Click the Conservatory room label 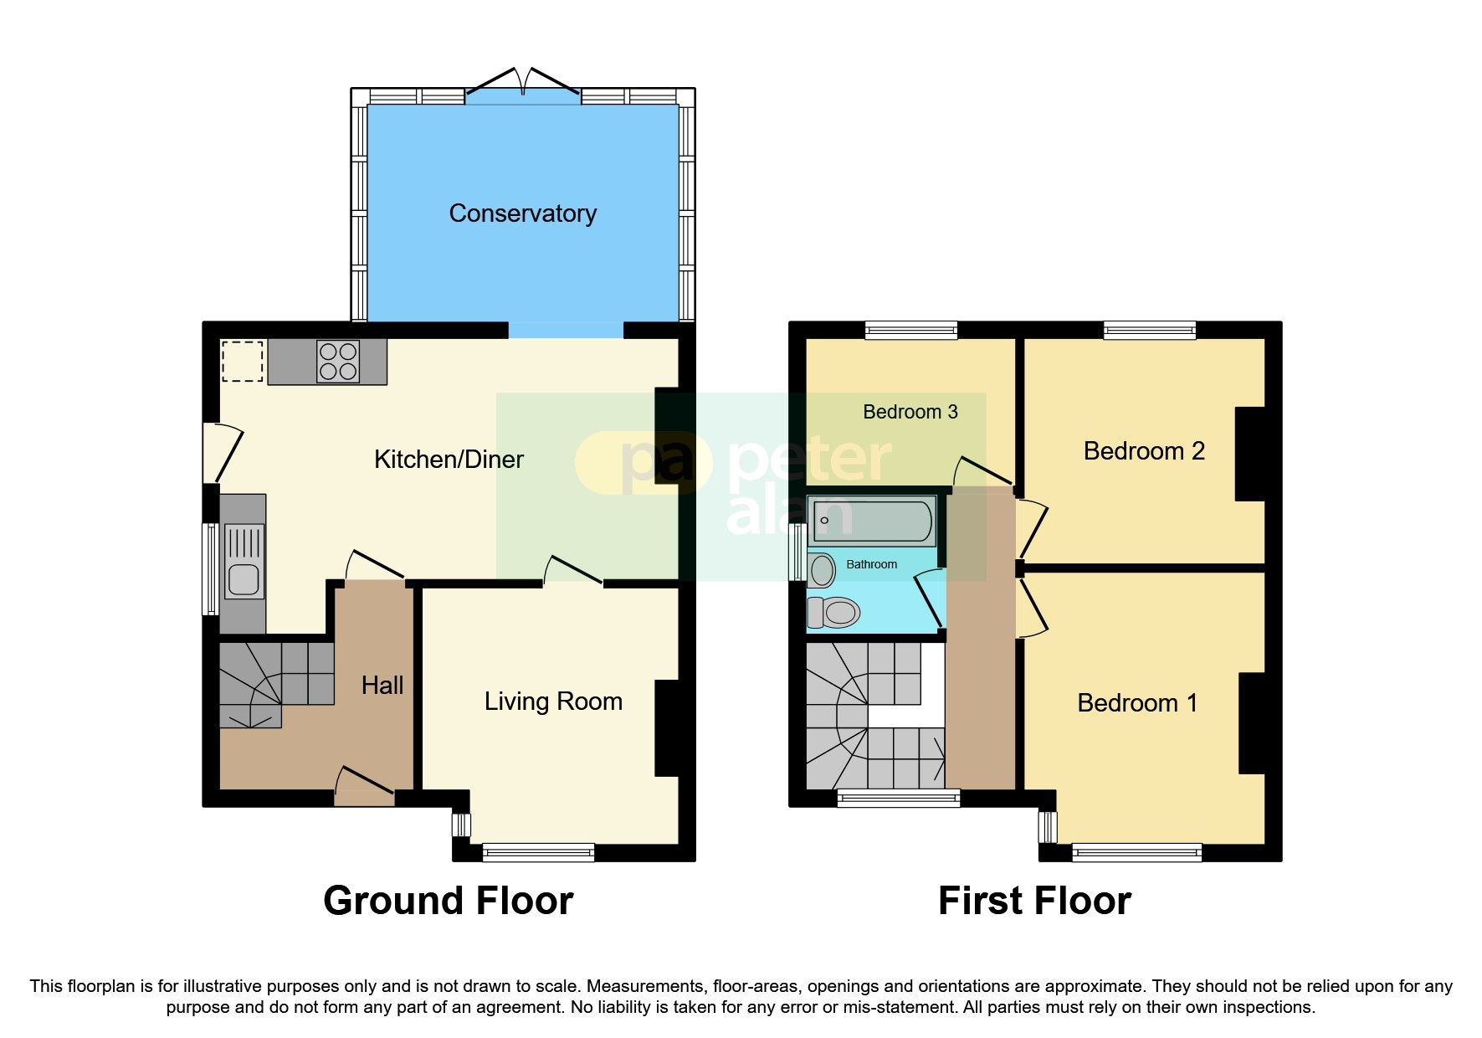click(522, 213)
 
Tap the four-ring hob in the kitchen click(338, 362)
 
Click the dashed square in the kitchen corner click(243, 361)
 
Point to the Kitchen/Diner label click(449, 460)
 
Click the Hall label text click(382, 686)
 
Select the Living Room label click(553, 701)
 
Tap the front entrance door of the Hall click(365, 787)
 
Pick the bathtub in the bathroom click(872, 521)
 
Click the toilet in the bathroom click(834, 613)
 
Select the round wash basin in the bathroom click(822, 571)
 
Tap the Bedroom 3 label click(910, 412)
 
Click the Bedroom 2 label click(1143, 451)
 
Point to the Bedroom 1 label click(1136, 703)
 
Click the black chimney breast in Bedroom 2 click(1250, 454)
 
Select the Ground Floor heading click(448, 902)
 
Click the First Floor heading click(1034, 902)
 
